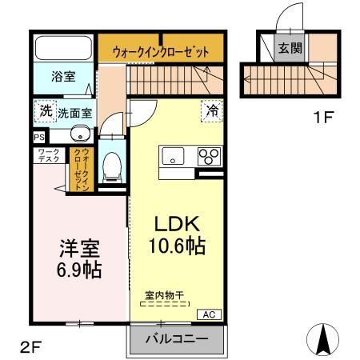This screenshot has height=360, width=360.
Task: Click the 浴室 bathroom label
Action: pyautogui.click(x=63, y=78)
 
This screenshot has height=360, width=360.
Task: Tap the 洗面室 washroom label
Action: pyautogui.click(x=74, y=113)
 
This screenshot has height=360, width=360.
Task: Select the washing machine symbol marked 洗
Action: pyautogui.click(x=45, y=111)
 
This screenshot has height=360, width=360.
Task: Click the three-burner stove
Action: pyautogui.click(x=209, y=156)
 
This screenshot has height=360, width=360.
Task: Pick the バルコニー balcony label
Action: pyautogui.click(x=177, y=339)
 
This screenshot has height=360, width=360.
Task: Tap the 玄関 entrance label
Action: pyautogui.click(x=290, y=48)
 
